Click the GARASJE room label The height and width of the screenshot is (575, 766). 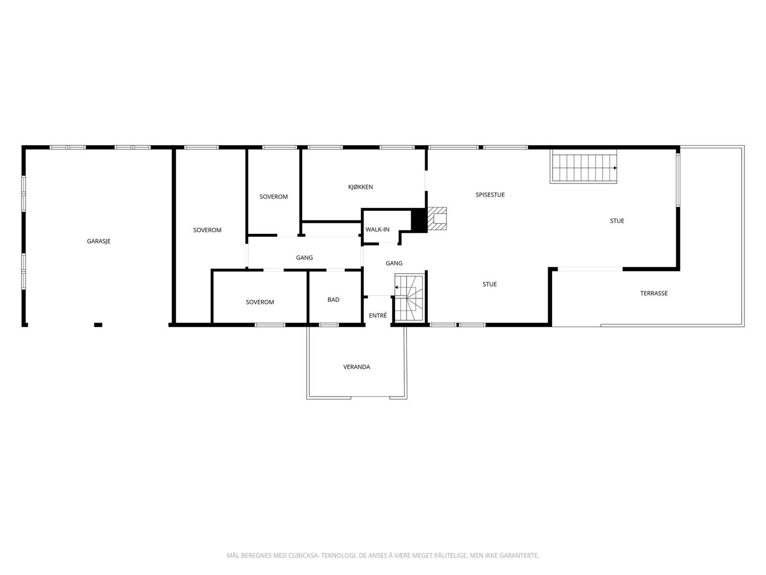pos(99,241)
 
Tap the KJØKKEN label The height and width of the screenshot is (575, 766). pos(360,187)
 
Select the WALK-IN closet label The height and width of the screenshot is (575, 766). pos(377,230)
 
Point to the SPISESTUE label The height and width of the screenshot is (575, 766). pos(490,195)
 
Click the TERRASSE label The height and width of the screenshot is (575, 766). pos(653,293)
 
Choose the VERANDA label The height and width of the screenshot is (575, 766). pos(357,367)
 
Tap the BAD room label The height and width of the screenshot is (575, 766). pos(333,299)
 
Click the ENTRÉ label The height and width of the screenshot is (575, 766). pos(378,315)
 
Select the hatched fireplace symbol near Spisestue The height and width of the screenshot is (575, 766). pos(437,218)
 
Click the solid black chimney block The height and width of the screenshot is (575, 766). pos(418,220)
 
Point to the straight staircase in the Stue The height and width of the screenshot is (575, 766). pos(583,167)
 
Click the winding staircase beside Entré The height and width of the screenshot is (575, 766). pos(409,298)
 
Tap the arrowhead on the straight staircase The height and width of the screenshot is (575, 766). pos(615,168)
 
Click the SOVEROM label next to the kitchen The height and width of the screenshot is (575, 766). pos(273,196)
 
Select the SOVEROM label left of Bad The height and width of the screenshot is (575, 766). pos(260,302)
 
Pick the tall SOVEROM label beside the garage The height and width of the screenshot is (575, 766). pos(207,230)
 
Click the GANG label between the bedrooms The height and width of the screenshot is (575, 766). pos(304,257)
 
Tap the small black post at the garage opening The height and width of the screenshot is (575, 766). pos(98,325)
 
